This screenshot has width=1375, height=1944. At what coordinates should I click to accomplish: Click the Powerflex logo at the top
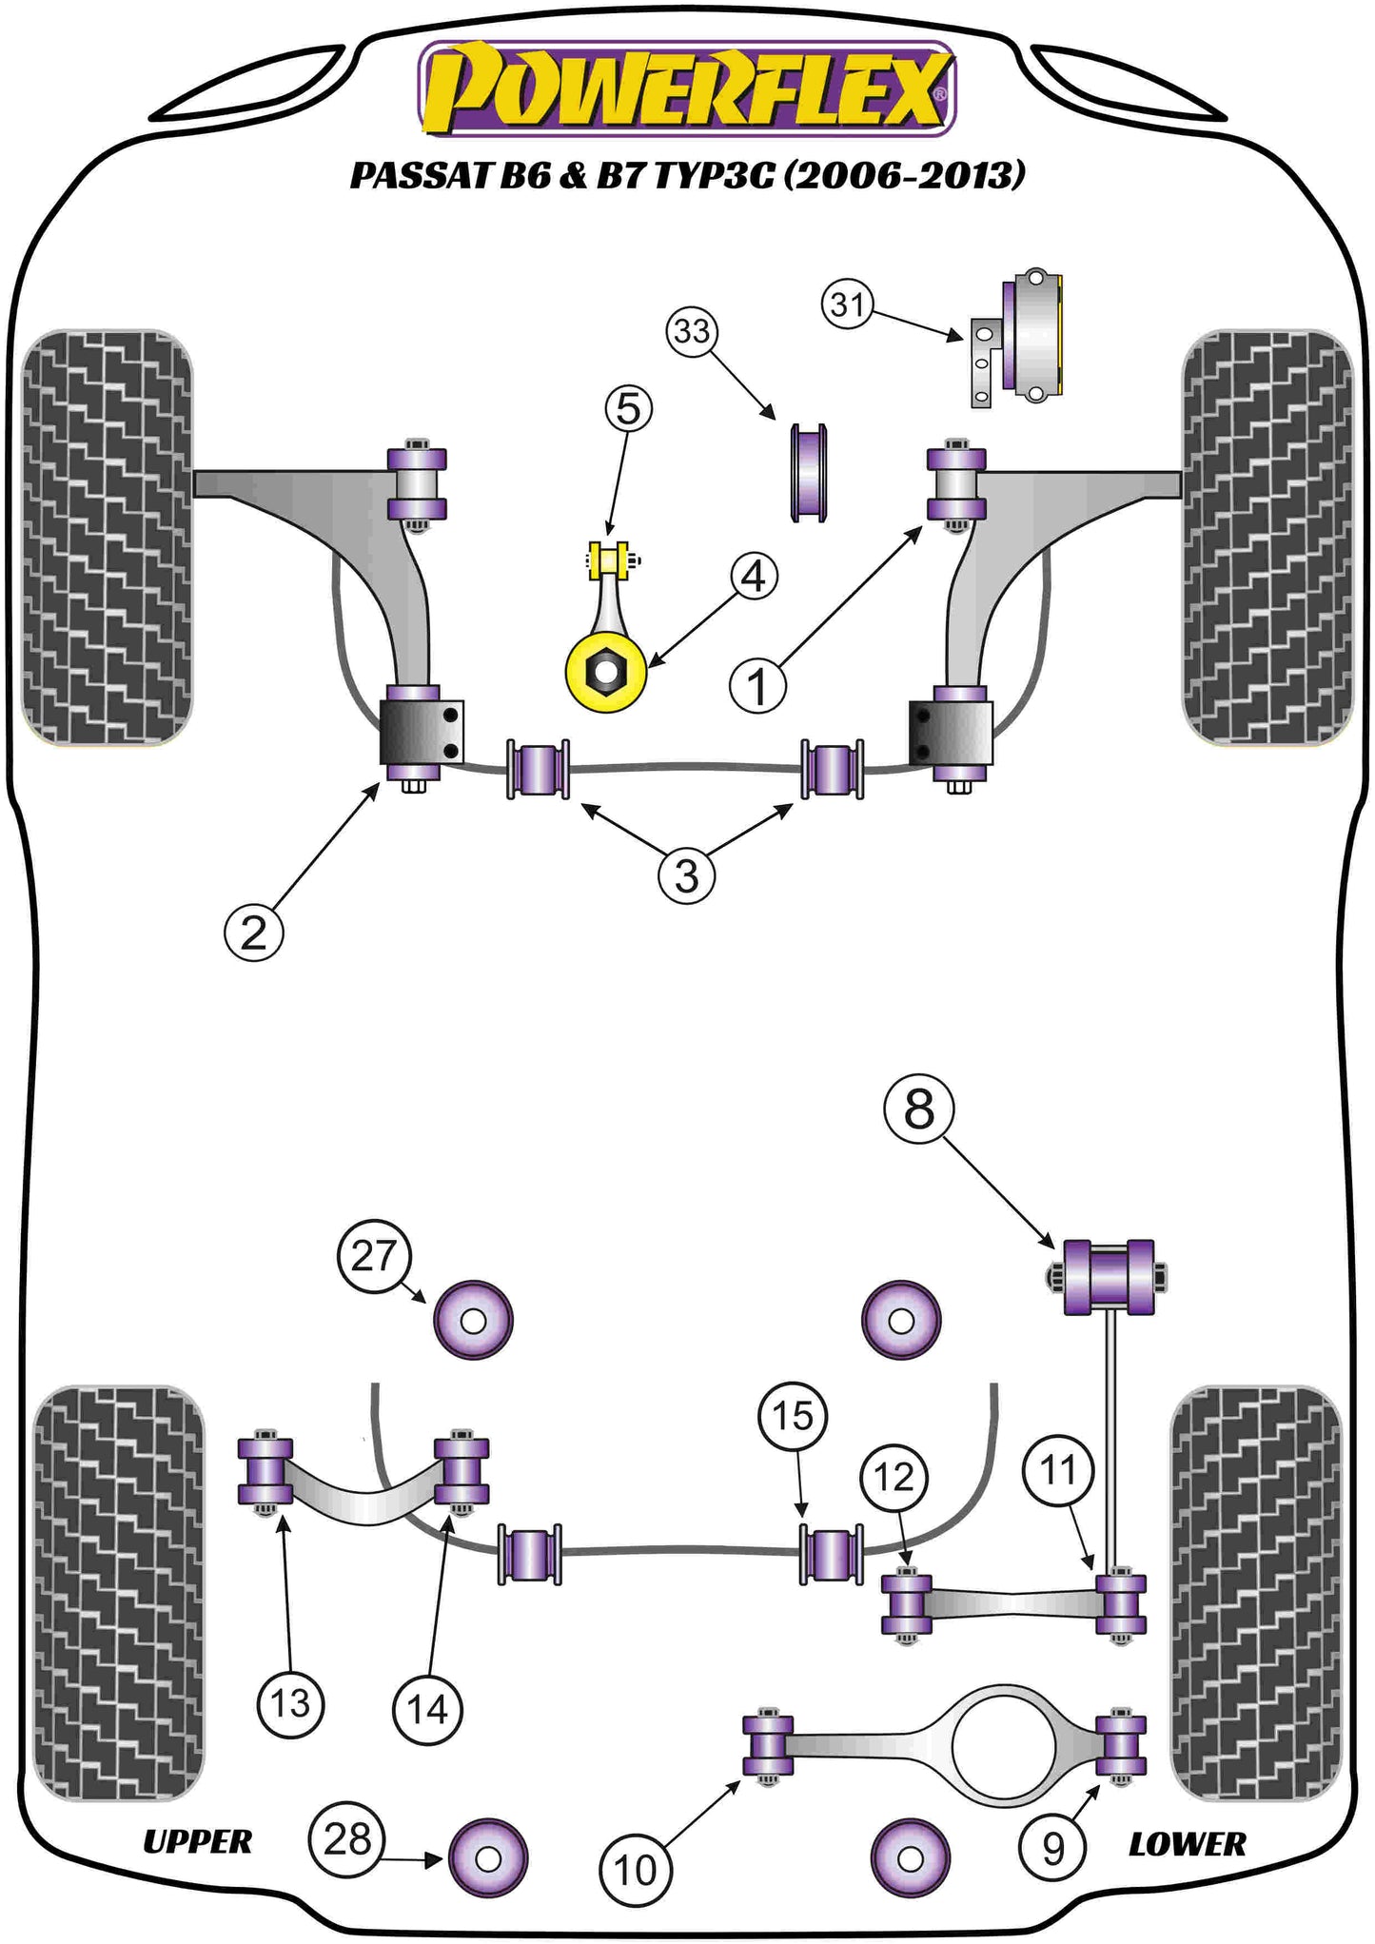(686, 88)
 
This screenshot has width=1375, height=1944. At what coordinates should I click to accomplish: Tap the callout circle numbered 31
(847, 304)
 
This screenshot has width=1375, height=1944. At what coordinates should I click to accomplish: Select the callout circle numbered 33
(692, 331)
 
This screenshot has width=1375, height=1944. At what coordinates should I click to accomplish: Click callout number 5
(629, 409)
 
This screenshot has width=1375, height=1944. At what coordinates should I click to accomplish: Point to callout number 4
(754, 577)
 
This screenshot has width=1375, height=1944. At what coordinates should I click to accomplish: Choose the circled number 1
(757, 686)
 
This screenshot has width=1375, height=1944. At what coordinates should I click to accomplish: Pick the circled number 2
(254, 933)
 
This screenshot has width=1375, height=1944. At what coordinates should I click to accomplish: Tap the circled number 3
(686, 875)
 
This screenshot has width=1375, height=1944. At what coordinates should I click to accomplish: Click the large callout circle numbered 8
(919, 1109)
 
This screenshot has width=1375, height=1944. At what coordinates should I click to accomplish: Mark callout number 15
(793, 1416)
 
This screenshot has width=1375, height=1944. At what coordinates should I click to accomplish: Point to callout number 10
(635, 1870)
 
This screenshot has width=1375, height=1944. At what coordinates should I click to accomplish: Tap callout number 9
(1053, 1849)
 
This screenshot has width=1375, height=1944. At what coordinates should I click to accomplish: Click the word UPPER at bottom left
(197, 1842)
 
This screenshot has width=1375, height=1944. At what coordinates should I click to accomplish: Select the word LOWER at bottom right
(1187, 1845)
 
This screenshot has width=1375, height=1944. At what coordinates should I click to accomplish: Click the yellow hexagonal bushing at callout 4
(606, 674)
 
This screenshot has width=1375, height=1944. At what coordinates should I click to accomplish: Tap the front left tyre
(107, 538)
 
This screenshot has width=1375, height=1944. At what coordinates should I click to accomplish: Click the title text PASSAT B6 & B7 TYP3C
(687, 175)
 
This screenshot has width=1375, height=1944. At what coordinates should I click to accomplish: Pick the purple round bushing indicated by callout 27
(473, 1321)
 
